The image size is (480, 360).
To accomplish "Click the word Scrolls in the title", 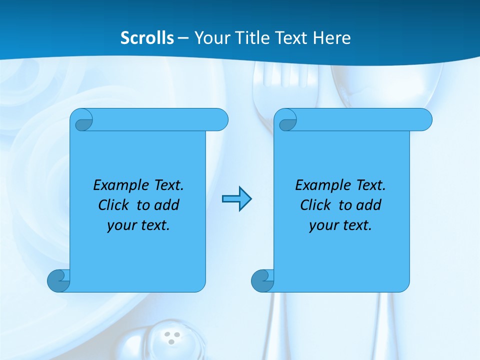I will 147,38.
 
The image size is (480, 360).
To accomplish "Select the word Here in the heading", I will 331,38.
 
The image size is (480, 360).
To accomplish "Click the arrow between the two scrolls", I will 237,199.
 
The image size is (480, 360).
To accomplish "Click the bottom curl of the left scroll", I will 58,280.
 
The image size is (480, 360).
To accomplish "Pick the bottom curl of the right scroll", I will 262,280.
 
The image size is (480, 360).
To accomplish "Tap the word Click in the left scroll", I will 115,205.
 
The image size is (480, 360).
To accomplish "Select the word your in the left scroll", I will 121,226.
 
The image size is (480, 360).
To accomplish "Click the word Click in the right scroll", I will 315,205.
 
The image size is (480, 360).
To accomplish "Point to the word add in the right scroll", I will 367,205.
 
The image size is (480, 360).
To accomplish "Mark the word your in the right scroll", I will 323,226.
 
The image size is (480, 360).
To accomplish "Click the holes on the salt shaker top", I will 172,338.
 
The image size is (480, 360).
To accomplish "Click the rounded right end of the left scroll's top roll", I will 220,120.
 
